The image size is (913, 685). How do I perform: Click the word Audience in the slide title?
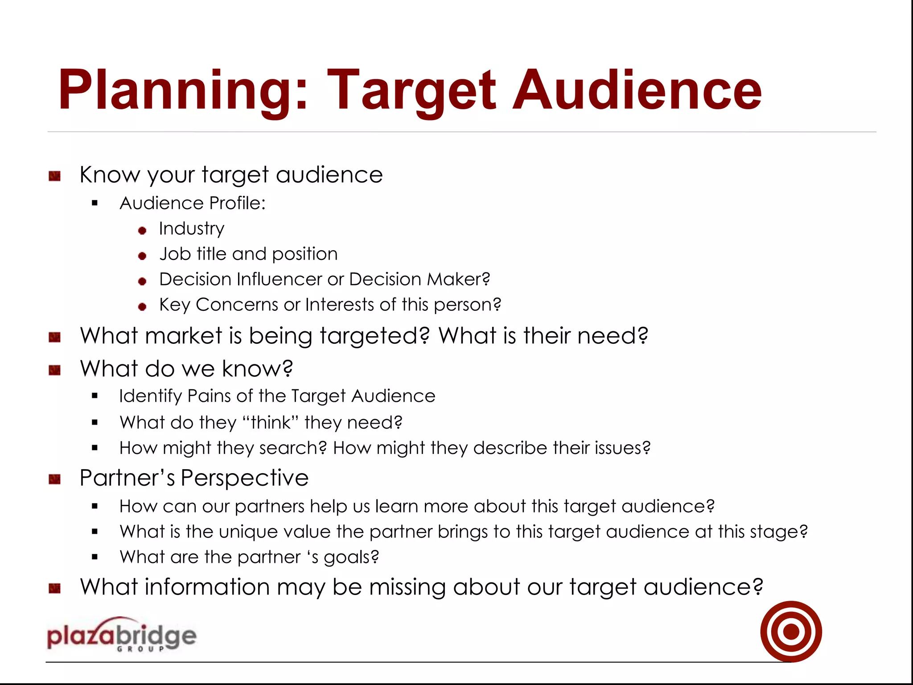coord(637,91)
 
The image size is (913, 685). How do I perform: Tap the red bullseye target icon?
coord(791,631)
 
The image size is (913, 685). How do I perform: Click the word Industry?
coord(192,229)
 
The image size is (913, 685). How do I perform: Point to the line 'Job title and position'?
coord(248,254)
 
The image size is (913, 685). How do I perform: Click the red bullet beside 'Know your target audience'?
coord(54,176)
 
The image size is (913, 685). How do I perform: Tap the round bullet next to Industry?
coord(142,231)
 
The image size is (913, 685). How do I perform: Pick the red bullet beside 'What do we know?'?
coord(54,370)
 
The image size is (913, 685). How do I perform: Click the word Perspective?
coord(244,478)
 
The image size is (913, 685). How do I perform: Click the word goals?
coord(351,557)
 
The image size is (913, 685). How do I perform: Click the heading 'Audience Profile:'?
coord(193,203)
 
